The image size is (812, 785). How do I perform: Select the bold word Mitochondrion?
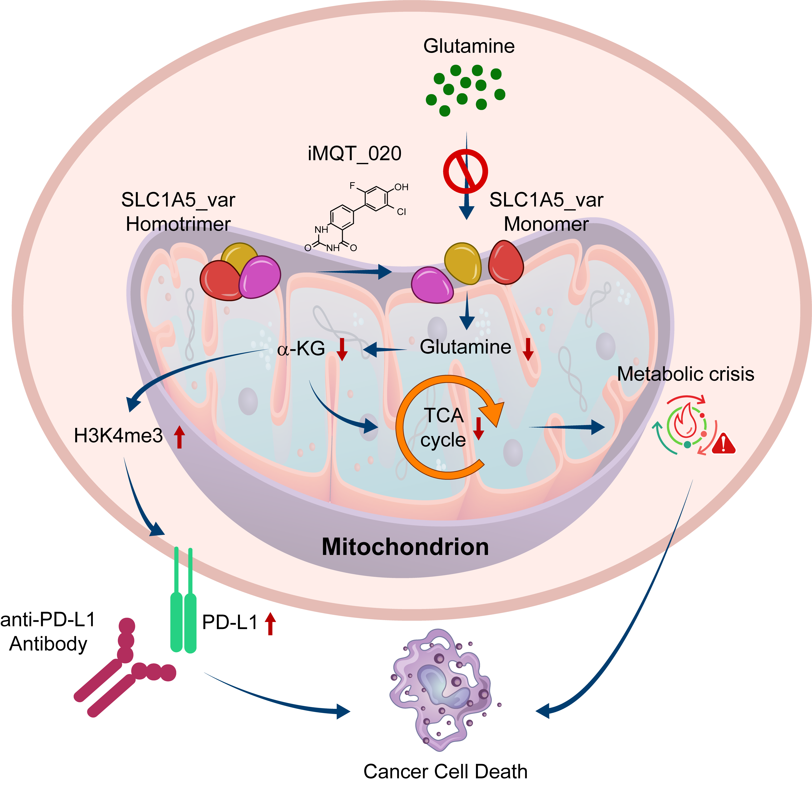pyautogui.click(x=405, y=547)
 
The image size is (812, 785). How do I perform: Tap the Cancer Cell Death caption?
pyautogui.click(x=445, y=771)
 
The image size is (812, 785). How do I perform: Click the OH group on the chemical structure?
pyautogui.click(x=401, y=187)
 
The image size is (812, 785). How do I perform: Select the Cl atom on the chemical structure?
pyautogui.click(x=401, y=212)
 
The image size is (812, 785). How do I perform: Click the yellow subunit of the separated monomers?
pyautogui.click(x=463, y=263)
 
